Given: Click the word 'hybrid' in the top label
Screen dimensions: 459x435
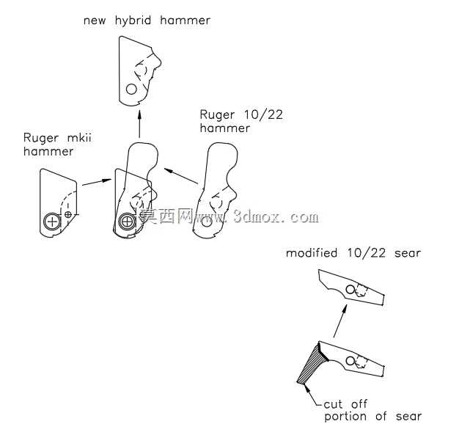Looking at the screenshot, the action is [133, 21].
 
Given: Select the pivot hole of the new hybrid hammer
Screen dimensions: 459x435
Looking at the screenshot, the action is [131, 89].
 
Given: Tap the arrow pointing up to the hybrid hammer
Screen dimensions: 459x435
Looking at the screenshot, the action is [139, 124].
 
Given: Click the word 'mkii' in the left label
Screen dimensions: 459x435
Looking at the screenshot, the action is [79, 138].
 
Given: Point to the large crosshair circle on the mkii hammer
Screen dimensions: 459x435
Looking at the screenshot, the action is [52, 221].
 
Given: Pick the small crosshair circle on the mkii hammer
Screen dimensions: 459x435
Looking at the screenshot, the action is [67, 215].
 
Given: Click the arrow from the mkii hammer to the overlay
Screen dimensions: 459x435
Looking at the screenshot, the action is [97, 182].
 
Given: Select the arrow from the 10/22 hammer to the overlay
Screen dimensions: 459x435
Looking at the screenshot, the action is [181, 176].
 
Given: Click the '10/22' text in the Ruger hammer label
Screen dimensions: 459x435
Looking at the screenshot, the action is [263, 115].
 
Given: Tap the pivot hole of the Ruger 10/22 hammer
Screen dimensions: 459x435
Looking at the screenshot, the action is [207, 222].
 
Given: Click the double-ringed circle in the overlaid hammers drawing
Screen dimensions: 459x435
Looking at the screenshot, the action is [127, 222].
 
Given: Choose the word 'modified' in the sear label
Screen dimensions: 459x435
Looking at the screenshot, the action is [312, 253].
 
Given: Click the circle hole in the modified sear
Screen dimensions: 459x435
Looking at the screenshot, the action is [350, 290].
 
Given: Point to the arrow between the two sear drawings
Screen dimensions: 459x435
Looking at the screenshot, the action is [340, 321].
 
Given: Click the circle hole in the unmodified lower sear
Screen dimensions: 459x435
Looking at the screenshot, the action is [350, 361].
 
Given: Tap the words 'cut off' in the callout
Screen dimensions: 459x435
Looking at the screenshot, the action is [345, 404].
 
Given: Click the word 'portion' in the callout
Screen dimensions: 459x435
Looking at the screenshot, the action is [345, 417].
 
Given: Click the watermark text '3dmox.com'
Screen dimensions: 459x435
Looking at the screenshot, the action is [276, 217].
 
